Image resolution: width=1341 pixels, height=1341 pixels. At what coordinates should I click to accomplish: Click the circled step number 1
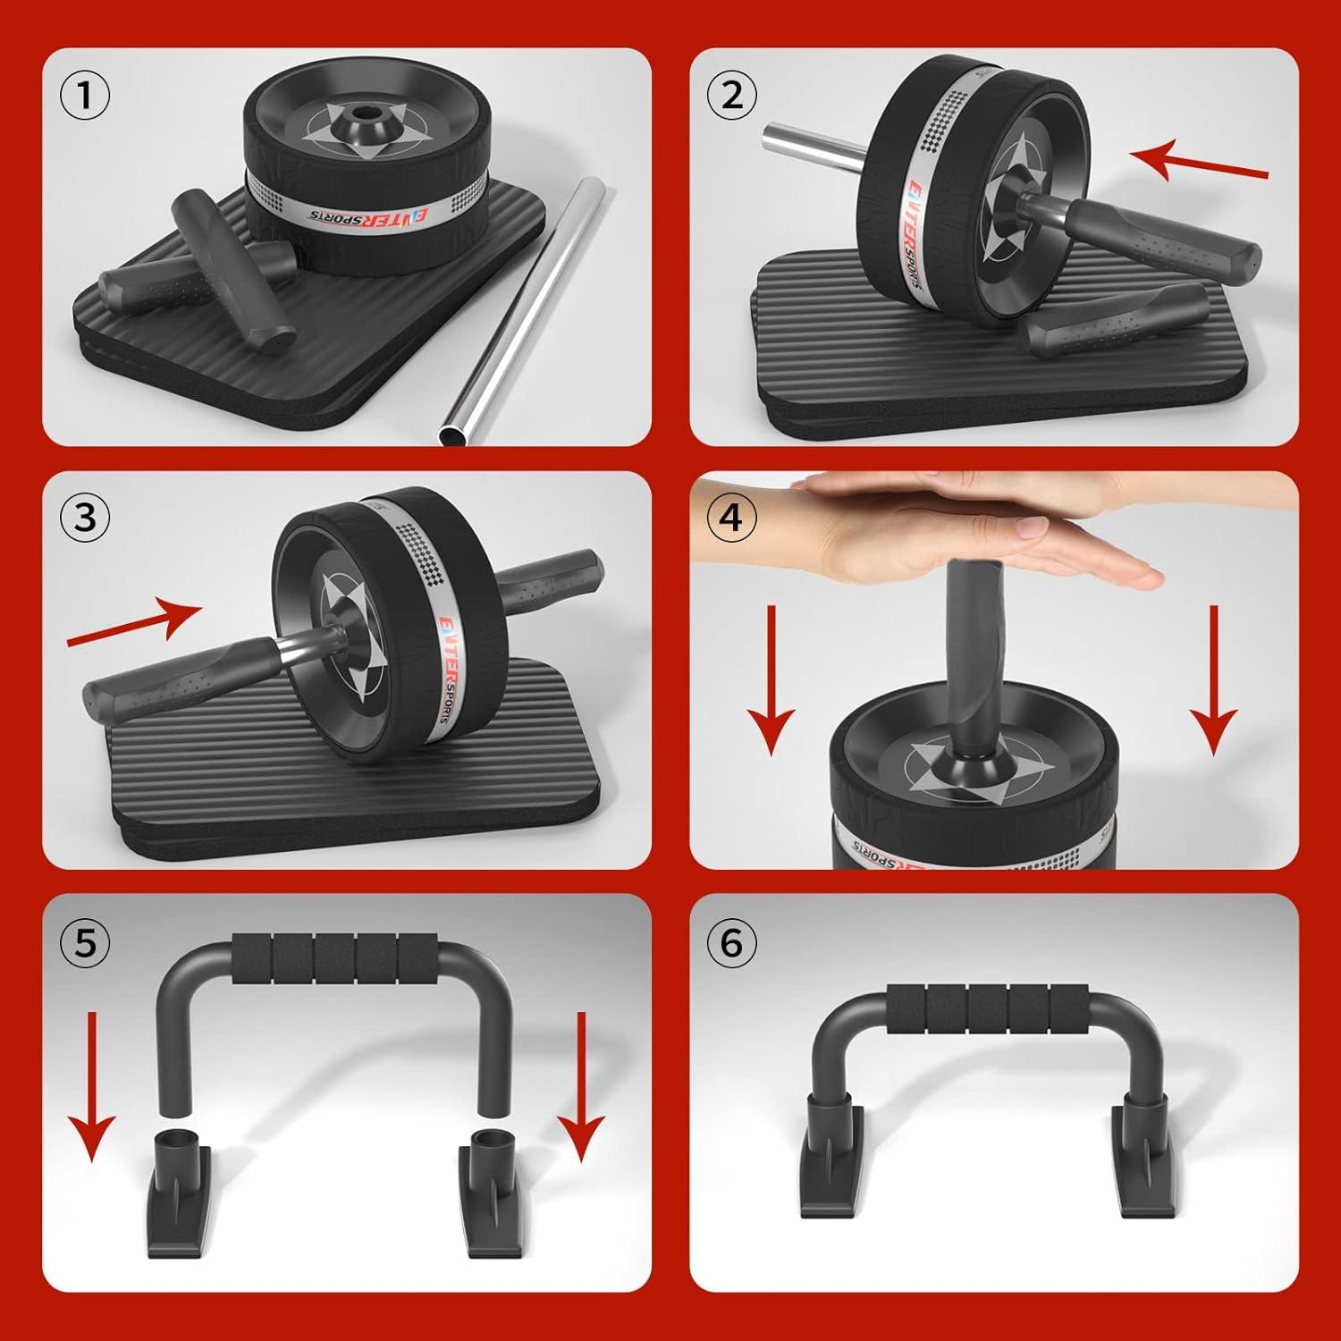(85, 95)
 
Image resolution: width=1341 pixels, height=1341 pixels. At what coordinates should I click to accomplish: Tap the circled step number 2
(731, 95)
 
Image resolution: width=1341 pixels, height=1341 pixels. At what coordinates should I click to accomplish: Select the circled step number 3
(85, 518)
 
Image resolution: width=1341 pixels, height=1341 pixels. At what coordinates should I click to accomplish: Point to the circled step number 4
(731, 518)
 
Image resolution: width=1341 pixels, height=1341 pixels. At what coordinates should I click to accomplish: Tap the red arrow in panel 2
(1198, 163)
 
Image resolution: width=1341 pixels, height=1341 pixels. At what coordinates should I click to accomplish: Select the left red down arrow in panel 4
(770, 679)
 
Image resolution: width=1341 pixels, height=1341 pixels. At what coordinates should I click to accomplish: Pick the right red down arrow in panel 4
(1213, 679)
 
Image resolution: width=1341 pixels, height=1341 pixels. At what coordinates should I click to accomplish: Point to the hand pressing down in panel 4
(939, 527)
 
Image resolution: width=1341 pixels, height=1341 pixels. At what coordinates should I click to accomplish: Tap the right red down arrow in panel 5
(580, 1086)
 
